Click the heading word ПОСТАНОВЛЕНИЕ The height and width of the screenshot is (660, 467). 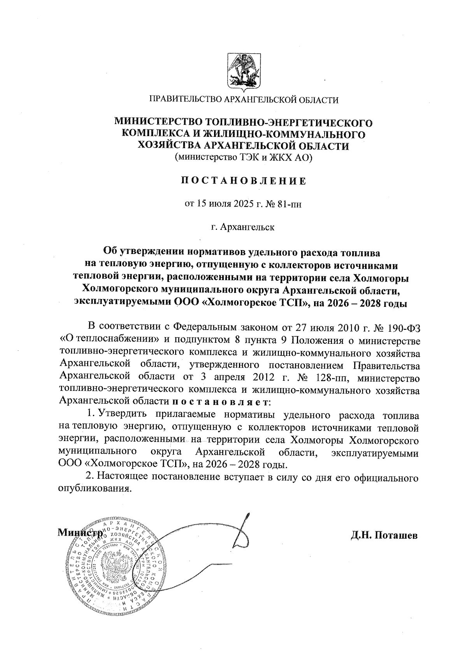(x=244, y=181)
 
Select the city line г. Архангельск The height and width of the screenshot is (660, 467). (x=243, y=227)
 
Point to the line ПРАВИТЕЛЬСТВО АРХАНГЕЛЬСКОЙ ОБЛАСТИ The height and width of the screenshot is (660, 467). (x=244, y=100)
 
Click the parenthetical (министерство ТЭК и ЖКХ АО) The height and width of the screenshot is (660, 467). (x=244, y=158)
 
